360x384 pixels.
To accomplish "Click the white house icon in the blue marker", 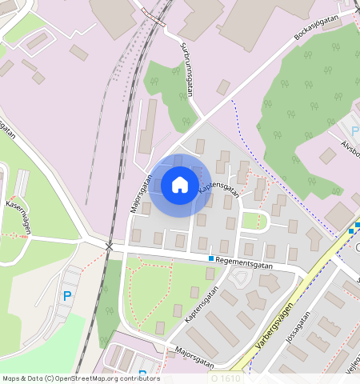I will pos(180,185).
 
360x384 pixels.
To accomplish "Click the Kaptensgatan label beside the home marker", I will pos(219,188).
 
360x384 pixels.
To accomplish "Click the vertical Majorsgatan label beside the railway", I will pos(141,193).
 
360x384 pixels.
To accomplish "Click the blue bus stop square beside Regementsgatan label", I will pos(211,258).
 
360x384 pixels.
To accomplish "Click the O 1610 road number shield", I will pos(225,377).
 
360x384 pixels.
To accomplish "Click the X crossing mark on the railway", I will pos(108,245).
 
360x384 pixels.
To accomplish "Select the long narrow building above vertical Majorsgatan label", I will pos(148,126).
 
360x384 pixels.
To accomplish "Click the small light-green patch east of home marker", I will pos(254,221).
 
